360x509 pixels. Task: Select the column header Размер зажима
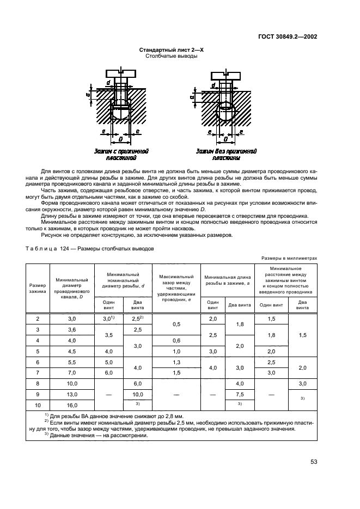pos(37,288)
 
